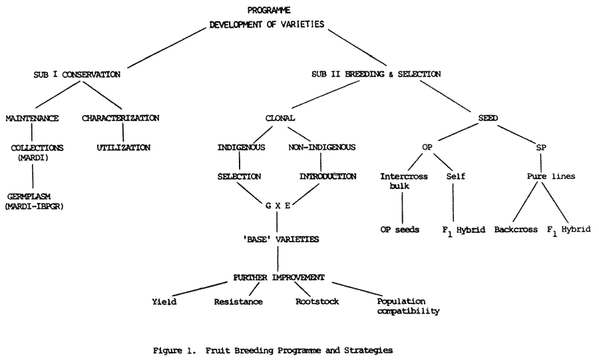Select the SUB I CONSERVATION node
tap(78, 75)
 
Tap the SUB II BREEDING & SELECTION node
tap(376, 75)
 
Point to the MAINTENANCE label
tap(32, 118)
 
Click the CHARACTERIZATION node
tap(120, 118)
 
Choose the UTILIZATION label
tap(124, 147)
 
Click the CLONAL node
tap(280, 118)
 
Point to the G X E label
tap(278, 206)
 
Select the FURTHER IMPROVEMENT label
tap(278, 277)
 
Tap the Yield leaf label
tap(164, 301)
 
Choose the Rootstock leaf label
tap(317, 301)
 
